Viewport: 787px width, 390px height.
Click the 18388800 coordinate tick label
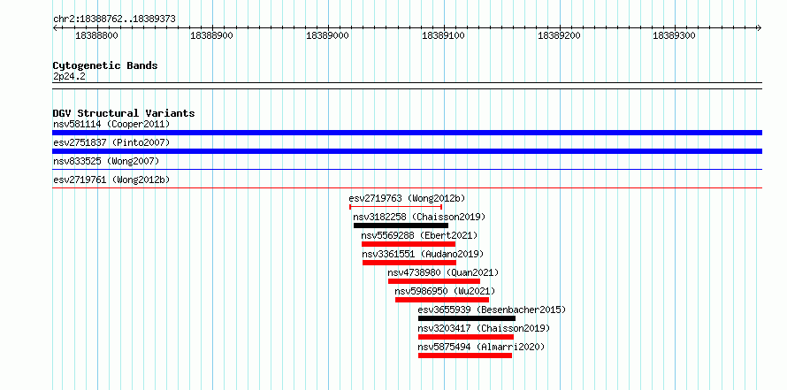point(97,35)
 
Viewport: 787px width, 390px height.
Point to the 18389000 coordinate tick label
point(328,35)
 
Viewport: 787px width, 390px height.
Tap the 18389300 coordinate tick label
point(674,35)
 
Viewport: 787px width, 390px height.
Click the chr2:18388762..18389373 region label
point(114,19)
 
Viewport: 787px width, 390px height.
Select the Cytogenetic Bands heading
point(105,65)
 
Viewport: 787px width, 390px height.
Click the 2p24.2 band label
point(69,77)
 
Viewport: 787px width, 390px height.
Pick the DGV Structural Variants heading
point(124,113)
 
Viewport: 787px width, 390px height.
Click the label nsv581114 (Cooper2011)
point(111,124)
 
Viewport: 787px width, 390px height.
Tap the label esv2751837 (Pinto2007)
point(111,142)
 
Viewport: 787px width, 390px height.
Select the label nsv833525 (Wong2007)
point(106,161)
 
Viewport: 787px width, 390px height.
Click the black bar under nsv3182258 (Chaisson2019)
point(401,226)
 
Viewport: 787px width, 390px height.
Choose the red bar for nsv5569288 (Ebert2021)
point(409,244)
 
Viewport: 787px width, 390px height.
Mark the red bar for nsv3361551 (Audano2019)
point(409,263)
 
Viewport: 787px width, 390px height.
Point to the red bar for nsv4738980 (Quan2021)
point(434,281)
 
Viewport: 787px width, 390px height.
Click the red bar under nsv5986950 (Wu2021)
point(442,300)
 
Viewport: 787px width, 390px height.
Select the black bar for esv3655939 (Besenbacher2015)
point(467,318)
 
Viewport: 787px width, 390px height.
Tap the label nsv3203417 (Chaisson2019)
point(484,329)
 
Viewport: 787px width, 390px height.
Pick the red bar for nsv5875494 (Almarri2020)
point(465,356)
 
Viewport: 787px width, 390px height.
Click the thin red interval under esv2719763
point(395,206)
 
